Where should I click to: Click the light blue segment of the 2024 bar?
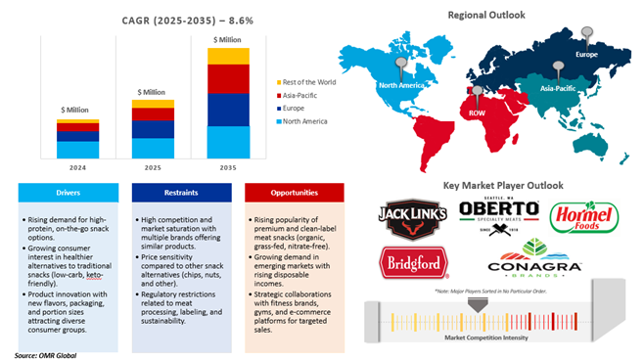(x=76, y=150)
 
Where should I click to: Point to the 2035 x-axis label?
(x=227, y=167)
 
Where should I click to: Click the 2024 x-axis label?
(x=76, y=167)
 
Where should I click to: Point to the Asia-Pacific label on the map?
(x=559, y=86)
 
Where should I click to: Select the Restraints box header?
(x=182, y=193)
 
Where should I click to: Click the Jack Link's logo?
(x=412, y=221)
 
